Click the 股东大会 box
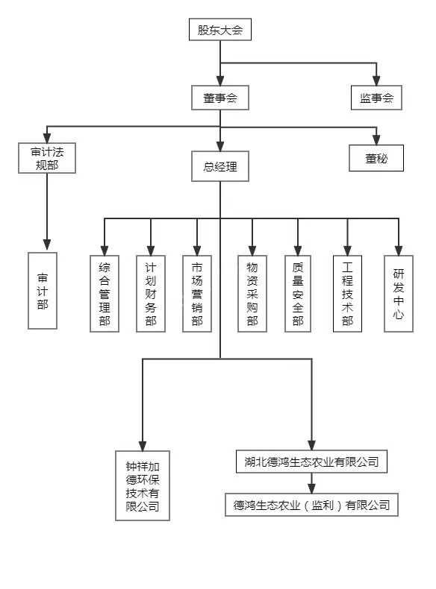tap(220, 29)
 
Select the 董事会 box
tap(220, 98)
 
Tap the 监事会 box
tap(376, 98)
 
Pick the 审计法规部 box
tap(47, 158)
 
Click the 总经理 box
tap(220, 166)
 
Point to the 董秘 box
tap(376, 158)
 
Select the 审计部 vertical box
tap(43, 291)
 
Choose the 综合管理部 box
tap(105, 294)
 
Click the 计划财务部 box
tap(151, 294)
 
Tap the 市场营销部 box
tap(197, 294)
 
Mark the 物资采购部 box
tap(252, 294)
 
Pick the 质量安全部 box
tap(298, 294)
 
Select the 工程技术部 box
tap(348, 294)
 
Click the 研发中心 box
tap(399, 294)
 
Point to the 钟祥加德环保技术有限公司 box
tap(143, 485)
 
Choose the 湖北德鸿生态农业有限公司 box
tap(311, 462)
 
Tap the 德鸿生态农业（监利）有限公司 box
tap(311, 505)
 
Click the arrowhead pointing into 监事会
tap(376, 81)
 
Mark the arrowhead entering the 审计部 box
tap(47, 245)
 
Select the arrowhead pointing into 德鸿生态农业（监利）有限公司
tap(311, 488)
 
